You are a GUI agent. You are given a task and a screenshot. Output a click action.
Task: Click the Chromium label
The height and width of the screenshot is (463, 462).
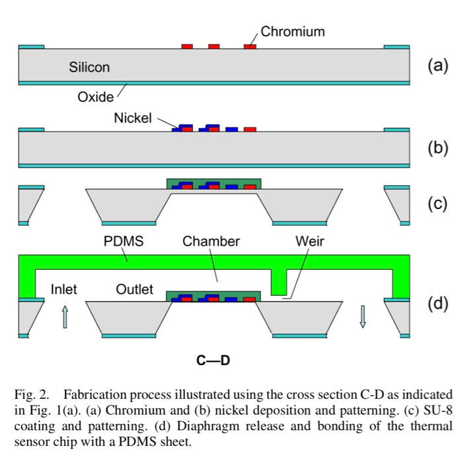pos(293,31)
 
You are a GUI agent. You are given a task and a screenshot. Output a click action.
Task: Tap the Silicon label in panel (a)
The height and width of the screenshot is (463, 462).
pos(89,67)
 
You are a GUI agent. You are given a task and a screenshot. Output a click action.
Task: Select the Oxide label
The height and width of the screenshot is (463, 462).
pos(96,97)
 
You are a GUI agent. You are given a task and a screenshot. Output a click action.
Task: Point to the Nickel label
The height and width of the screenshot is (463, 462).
pos(133,118)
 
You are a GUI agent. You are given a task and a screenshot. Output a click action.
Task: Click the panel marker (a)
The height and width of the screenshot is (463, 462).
pos(437,65)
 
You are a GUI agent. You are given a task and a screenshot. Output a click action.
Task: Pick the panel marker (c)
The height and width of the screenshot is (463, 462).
pos(437,204)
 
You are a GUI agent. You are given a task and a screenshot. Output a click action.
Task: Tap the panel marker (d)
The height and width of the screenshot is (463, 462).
pos(437,304)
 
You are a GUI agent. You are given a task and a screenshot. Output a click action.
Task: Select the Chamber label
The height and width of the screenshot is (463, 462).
pos(211,241)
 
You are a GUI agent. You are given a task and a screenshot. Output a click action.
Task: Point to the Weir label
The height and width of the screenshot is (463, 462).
pos(310,241)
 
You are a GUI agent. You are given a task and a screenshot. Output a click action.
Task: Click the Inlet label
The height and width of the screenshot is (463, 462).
pos(63,289)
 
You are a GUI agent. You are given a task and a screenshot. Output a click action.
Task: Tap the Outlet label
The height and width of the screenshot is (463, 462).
pos(135,289)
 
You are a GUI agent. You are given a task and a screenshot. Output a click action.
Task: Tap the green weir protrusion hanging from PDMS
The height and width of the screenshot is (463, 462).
pos(279,282)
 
